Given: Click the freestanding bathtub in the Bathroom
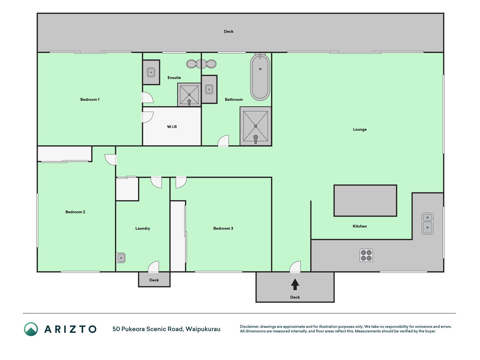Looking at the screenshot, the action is coord(260,77).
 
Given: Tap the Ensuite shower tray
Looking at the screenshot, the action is coord(189,95).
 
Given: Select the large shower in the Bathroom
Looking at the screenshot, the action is coord(256,126).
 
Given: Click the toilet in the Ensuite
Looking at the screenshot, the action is coord(201,64).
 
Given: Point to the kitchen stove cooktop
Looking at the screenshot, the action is coord(366,255).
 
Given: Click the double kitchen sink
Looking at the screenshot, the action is coord(427,224).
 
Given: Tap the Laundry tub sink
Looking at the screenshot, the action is coord(121,258).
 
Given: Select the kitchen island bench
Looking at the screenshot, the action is coord(365,201).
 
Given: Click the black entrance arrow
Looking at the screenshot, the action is coord(295,284).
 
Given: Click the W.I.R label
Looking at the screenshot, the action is coord(172,127).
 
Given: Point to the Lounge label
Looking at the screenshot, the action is coord(360,129).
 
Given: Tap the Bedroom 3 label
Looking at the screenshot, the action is coord(223,228).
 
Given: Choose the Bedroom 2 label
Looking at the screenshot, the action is coord(75,212).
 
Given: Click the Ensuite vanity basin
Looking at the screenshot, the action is coord(151,72).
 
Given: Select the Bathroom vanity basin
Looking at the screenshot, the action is coord(209,89).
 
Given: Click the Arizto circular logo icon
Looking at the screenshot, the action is coord(31,329).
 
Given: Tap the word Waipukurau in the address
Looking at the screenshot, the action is coord(203,329).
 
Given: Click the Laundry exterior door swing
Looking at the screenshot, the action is coord(154,267).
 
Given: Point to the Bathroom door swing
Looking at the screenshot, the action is coord(223,141).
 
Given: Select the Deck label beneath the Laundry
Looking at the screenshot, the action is coord(154,280).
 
